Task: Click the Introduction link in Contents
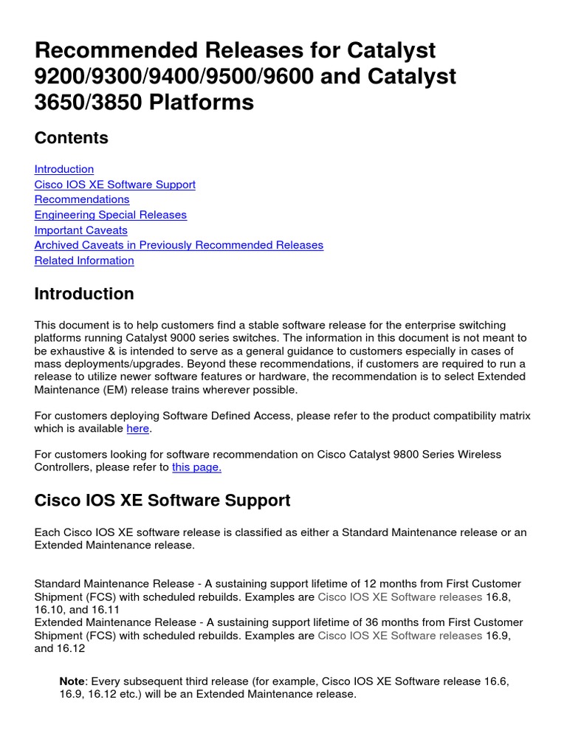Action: coord(64,169)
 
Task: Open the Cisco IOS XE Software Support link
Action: coord(114,185)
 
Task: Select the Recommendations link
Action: coord(82,199)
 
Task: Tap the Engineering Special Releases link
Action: coord(111,215)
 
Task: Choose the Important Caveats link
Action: coord(80,230)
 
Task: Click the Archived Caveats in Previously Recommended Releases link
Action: coord(179,245)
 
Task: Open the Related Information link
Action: coord(84,261)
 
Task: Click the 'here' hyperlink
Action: coord(138,428)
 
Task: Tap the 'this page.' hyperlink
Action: coord(196,467)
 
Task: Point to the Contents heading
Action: coord(71,138)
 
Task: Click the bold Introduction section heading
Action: coord(84,294)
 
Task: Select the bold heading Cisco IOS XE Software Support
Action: coord(162,501)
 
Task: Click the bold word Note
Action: coord(72,681)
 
